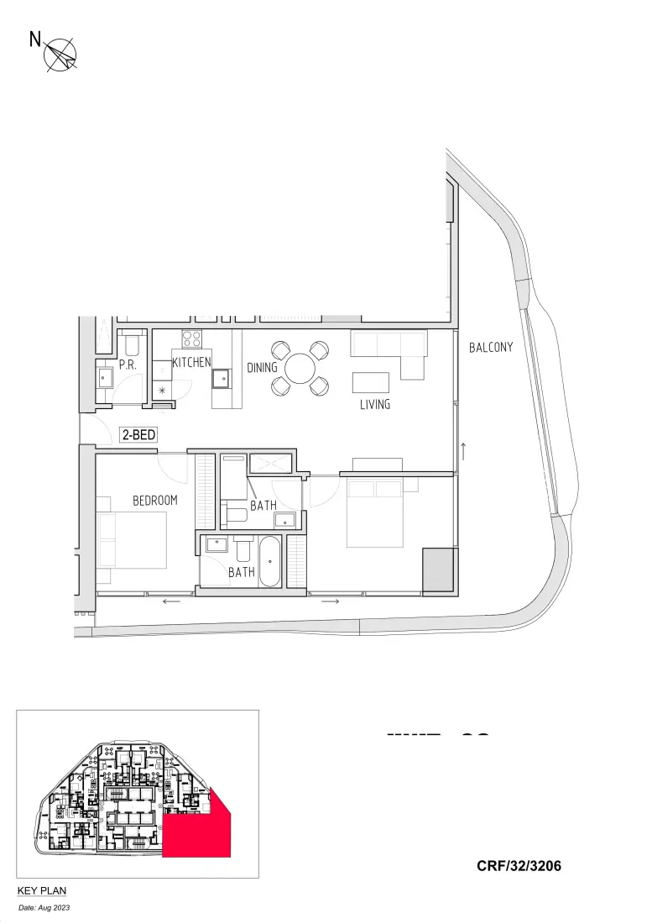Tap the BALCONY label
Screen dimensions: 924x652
[x=491, y=347]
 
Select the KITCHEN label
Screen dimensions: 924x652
[x=191, y=363]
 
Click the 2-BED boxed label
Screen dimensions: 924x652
[x=138, y=435]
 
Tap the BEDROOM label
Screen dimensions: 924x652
[x=155, y=501]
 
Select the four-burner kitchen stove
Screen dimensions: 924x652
[x=192, y=339]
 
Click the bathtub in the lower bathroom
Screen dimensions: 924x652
[x=270, y=560]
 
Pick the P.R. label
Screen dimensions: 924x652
[x=128, y=365]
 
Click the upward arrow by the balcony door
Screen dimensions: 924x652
[x=463, y=451]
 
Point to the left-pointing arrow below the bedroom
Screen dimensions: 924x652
[x=172, y=601]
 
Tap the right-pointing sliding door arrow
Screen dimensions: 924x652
[x=331, y=601]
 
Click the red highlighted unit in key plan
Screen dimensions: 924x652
[x=195, y=834]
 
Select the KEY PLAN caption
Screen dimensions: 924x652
[x=42, y=890]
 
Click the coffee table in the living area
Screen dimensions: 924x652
[x=371, y=382]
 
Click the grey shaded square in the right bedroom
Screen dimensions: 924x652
[x=438, y=569]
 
